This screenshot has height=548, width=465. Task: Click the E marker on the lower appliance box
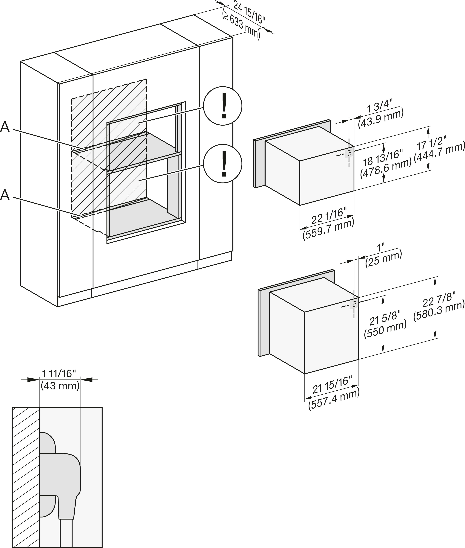pos(354,304)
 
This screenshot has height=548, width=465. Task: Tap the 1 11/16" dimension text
pos(59,373)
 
